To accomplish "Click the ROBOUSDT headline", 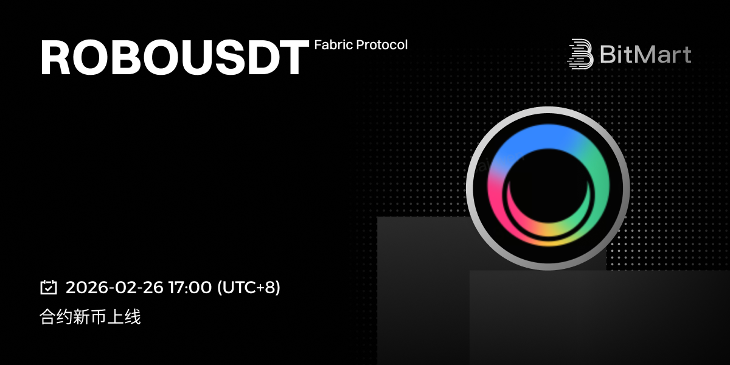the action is click(175, 57).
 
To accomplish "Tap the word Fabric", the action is click(333, 44).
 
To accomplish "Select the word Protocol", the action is click(382, 44).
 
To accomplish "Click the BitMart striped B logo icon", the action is click(580, 54).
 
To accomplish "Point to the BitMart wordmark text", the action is click(645, 54).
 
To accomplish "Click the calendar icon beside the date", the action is click(49, 287).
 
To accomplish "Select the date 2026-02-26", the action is click(114, 287).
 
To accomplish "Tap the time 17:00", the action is click(190, 287).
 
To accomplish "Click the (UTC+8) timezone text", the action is click(249, 287).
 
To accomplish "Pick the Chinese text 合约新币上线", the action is click(90, 317).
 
